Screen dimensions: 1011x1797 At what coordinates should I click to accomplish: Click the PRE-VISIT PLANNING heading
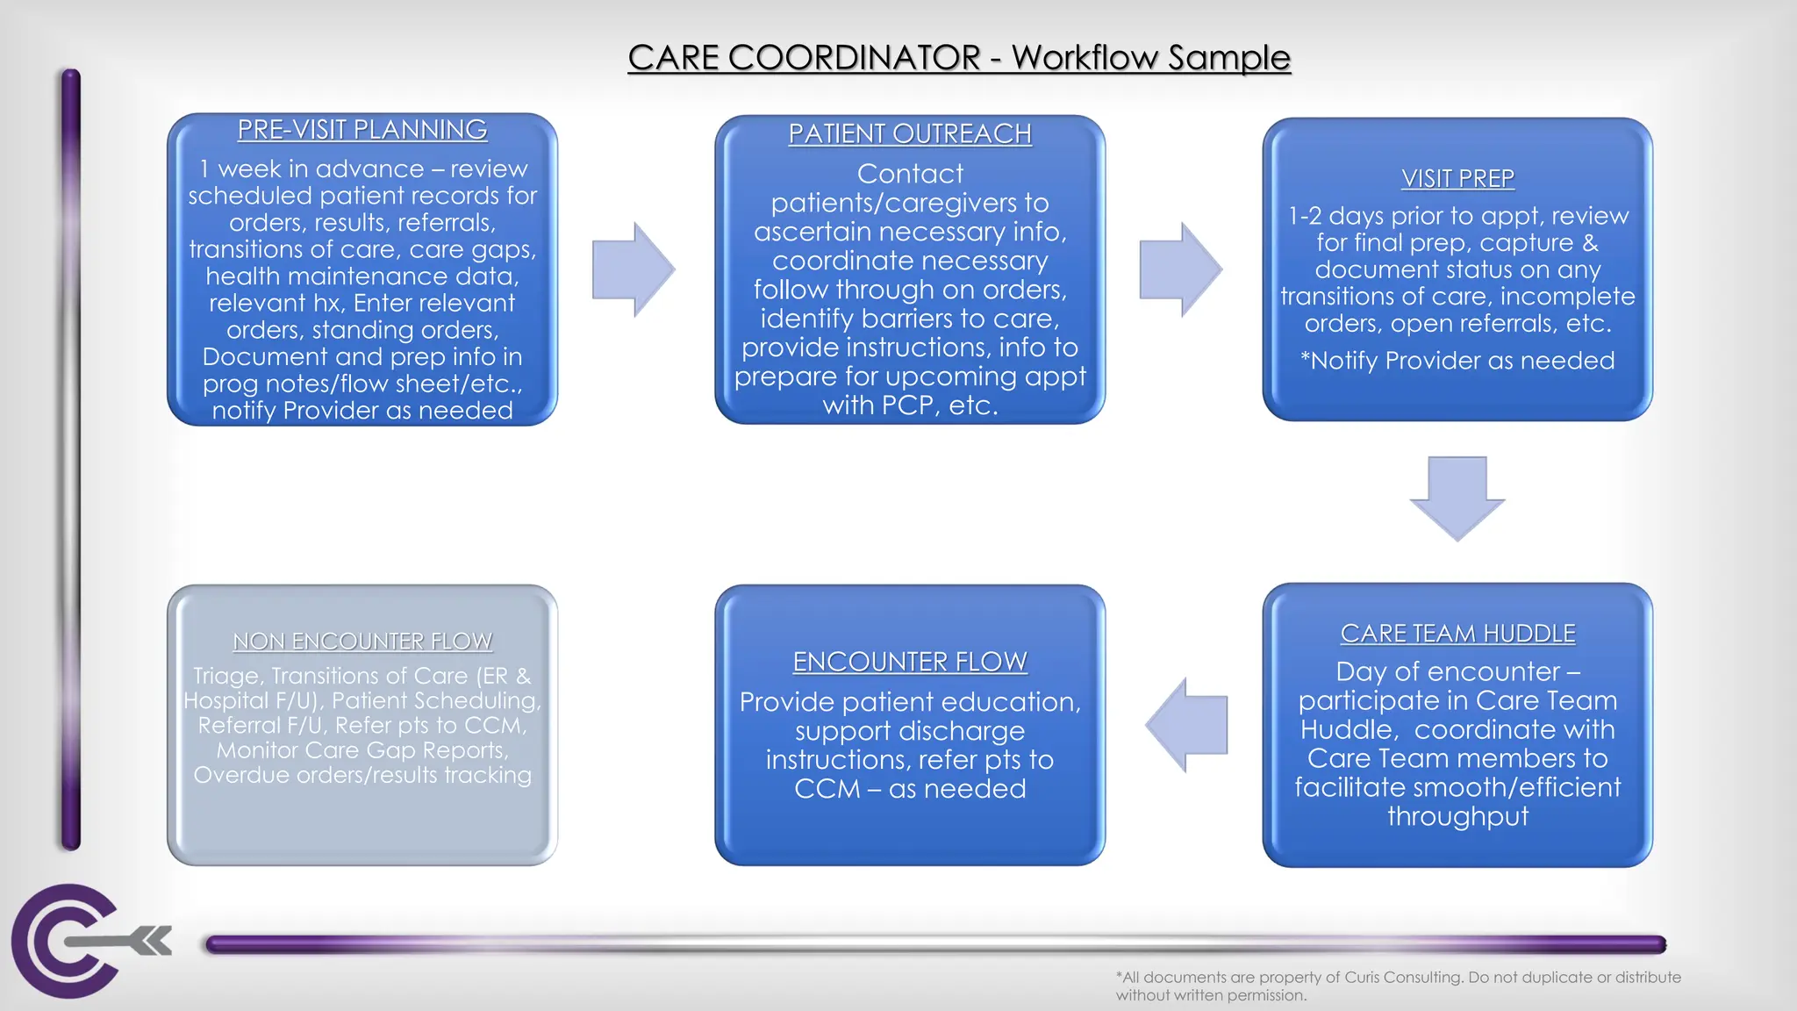[362, 130]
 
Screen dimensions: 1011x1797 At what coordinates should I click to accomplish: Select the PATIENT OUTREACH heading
[910, 134]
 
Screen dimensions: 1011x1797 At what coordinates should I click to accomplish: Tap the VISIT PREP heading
[1457, 179]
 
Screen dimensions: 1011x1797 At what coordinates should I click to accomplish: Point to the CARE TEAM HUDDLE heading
[1457, 634]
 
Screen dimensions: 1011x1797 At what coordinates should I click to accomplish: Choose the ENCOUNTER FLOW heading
[910, 662]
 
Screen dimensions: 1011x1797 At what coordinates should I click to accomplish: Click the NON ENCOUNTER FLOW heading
[362, 642]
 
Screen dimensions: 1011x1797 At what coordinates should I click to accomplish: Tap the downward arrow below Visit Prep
[1457, 498]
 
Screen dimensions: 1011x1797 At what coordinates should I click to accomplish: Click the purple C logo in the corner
[66, 941]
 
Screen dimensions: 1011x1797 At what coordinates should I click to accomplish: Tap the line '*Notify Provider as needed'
[1457, 361]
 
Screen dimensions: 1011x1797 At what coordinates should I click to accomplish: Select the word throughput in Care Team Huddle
[1457, 816]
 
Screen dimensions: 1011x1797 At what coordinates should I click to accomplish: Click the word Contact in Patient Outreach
[910, 174]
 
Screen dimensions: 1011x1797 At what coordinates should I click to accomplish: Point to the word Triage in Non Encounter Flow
[227, 676]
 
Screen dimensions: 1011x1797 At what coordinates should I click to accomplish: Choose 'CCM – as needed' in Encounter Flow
[910, 789]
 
